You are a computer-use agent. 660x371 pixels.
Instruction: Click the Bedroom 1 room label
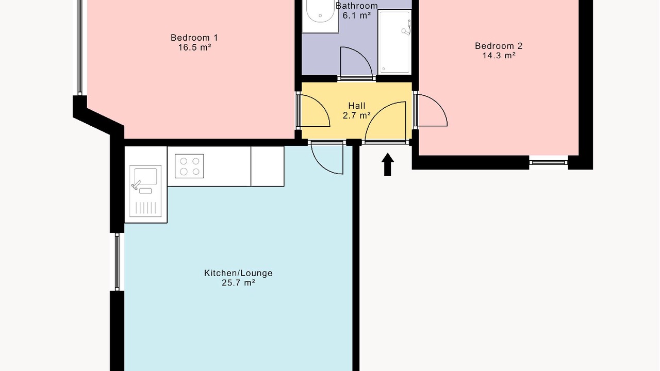point(194,38)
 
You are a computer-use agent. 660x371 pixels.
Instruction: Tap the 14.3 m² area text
point(499,55)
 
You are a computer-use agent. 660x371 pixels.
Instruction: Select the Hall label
point(356,106)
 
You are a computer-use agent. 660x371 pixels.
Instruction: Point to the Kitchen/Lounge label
point(238,273)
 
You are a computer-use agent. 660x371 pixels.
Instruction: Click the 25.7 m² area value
point(238,283)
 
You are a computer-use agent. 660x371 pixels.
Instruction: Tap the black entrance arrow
point(387,164)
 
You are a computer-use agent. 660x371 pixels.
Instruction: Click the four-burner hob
point(189,166)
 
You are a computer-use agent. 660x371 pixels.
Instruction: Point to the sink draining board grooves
point(146,208)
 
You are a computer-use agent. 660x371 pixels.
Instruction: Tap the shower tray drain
point(384,69)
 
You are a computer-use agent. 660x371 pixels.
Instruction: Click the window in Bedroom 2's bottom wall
point(548,162)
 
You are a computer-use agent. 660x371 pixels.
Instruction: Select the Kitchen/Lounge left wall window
point(117,262)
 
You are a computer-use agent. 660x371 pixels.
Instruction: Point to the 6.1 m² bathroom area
point(356,15)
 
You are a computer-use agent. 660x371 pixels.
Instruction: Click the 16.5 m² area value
point(194,47)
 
